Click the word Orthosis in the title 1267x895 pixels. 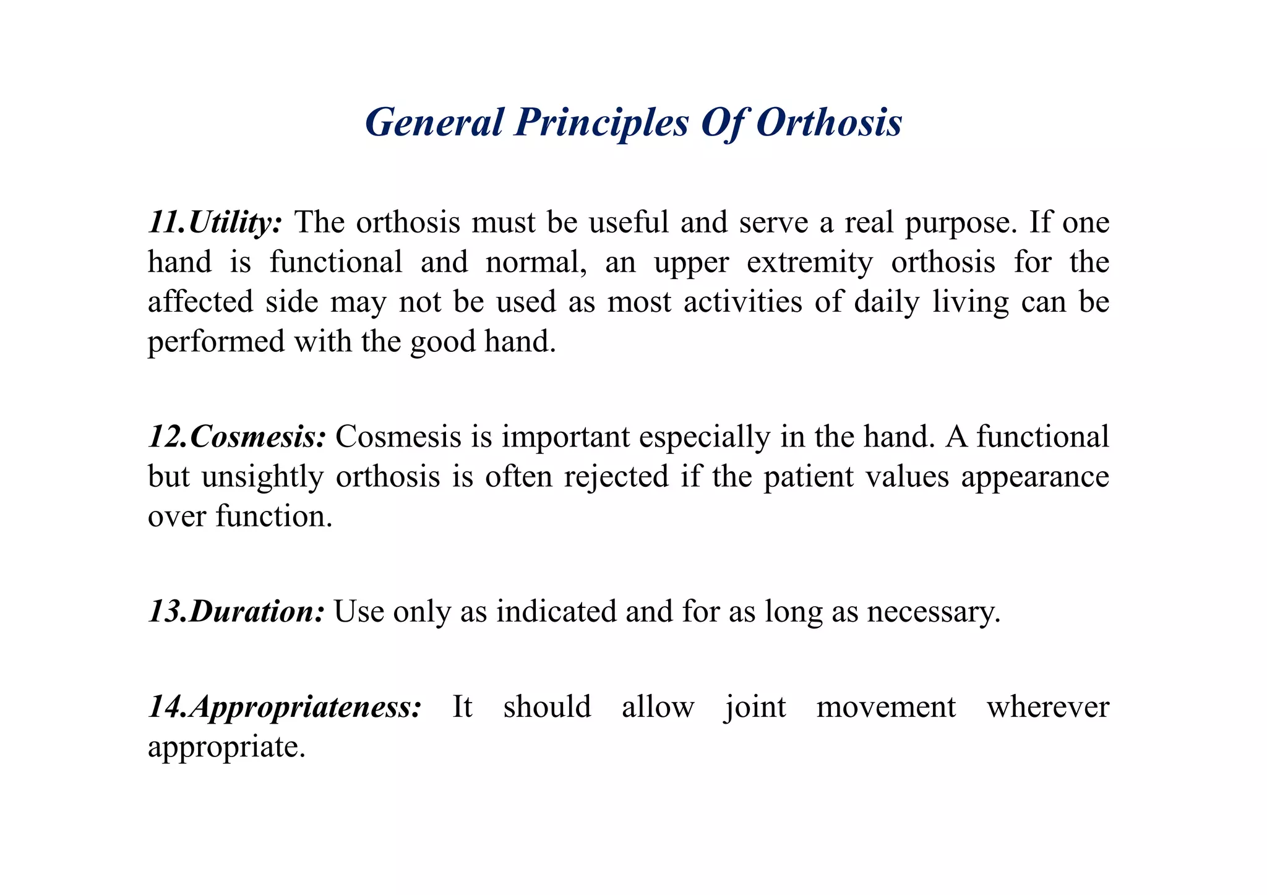click(828, 122)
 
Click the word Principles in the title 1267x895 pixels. click(601, 122)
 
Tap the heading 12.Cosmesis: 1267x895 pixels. click(237, 437)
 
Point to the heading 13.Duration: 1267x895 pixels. click(236, 611)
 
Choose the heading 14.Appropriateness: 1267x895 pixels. click(285, 706)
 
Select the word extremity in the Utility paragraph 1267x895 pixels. click(810, 262)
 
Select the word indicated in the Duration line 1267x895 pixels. click(556, 611)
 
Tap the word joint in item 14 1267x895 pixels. click(755, 707)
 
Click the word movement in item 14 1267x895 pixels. click(886, 707)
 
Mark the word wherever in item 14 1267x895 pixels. click(1047, 707)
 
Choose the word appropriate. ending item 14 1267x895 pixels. click(226, 747)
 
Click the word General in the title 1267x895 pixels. click(434, 122)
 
